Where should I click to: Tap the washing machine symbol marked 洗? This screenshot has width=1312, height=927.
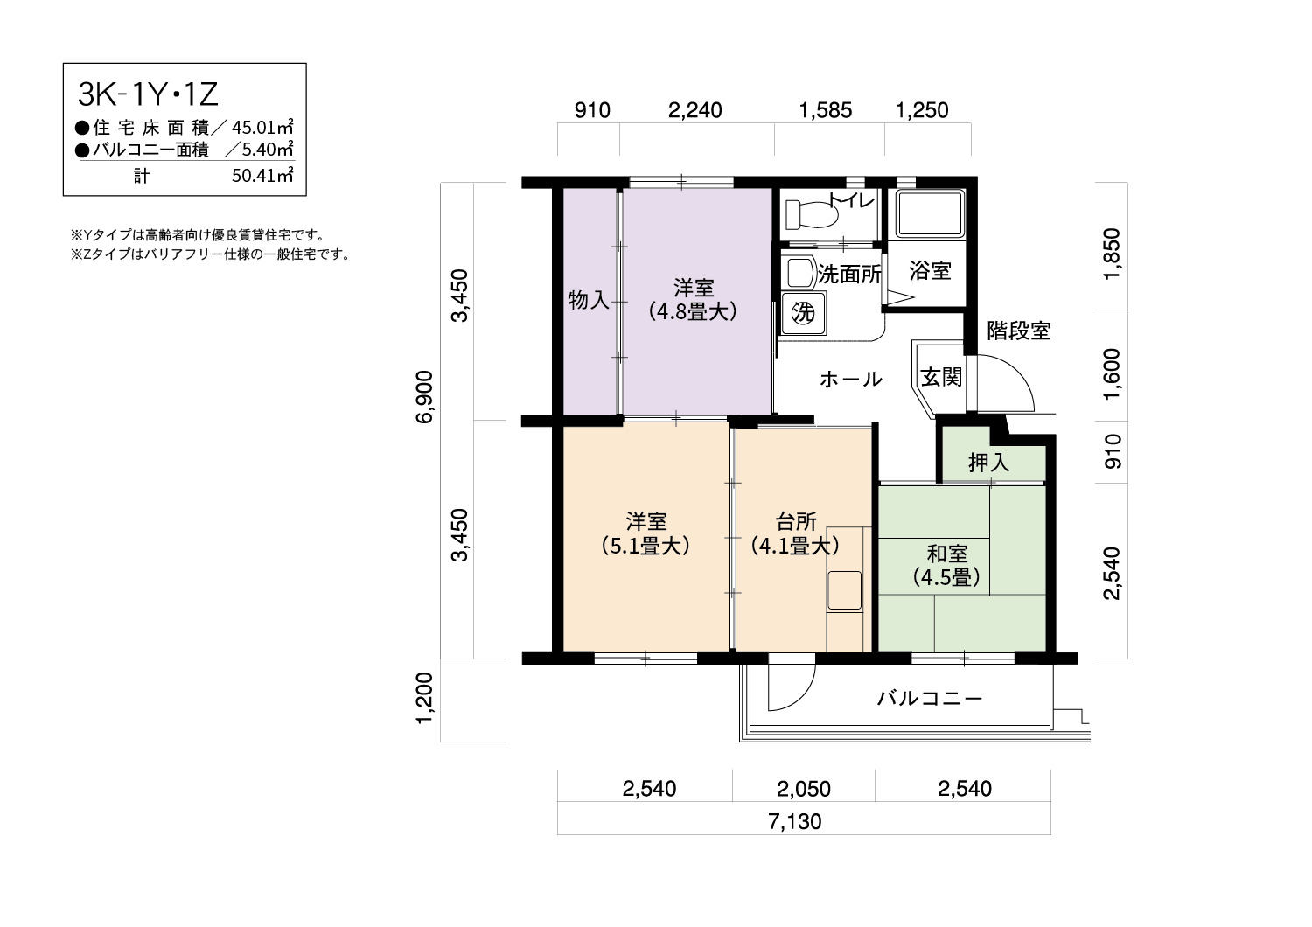pos(803,313)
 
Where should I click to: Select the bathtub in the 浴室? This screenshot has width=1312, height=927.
pos(929,213)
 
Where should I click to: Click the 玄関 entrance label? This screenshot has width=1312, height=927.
pos(941,378)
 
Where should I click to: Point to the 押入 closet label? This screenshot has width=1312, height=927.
pos(988,463)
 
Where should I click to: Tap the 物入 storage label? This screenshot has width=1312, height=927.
pos(589,301)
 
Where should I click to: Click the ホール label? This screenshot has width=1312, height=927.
pos(850,380)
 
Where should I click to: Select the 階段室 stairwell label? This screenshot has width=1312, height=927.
pos(1019,331)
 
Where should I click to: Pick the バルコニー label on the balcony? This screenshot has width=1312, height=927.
pos(930,698)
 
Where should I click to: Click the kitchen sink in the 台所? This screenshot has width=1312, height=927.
pos(844,591)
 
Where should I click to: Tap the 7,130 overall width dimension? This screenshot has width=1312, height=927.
pos(795,821)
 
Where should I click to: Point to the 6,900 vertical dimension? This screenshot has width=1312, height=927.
pos(424,396)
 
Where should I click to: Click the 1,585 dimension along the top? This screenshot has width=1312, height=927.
pos(826,110)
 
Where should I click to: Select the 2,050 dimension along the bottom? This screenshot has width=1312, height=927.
pos(804,789)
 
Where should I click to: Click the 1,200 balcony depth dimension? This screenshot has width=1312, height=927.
pos(424,698)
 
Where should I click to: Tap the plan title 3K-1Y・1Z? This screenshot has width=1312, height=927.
pos(148,94)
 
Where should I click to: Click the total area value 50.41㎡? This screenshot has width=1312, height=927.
pos(262,175)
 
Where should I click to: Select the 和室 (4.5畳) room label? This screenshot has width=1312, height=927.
pos(946,566)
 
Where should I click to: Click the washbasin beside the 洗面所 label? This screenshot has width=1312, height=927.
pos(799,272)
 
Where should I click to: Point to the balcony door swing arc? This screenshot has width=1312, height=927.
pos(804,694)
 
